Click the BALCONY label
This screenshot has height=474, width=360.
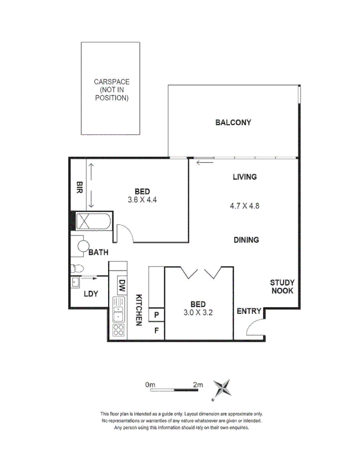(233, 122)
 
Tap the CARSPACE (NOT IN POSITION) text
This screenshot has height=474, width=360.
(112, 90)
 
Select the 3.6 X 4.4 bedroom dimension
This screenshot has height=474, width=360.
(143, 200)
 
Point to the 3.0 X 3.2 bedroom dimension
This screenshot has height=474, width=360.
(198, 312)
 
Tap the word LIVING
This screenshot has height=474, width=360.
(244, 177)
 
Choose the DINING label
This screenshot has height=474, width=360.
(246, 240)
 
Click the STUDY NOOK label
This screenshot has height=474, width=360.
(282, 286)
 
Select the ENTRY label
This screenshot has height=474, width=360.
(249, 312)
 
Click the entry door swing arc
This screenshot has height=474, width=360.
(254, 326)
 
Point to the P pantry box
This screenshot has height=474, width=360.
(156, 314)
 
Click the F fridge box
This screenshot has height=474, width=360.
(156, 329)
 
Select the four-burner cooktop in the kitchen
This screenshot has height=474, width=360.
(118, 330)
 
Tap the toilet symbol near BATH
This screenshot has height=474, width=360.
(77, 268)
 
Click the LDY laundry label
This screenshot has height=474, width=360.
(91, 294)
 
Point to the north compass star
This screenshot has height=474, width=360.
(223, 388)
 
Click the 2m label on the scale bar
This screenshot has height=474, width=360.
(197, 385)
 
